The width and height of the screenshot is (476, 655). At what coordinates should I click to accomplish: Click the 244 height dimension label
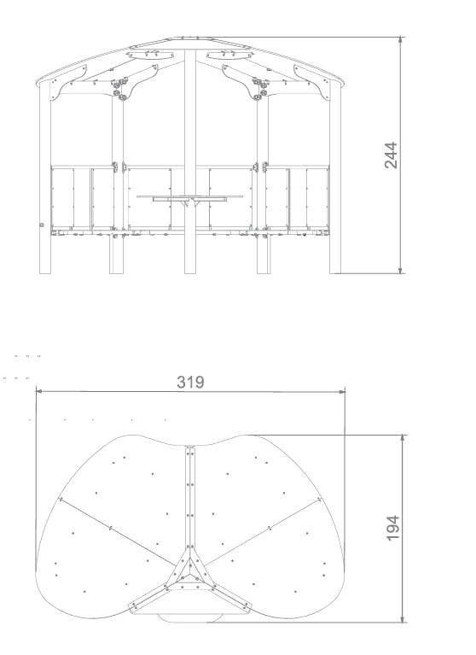pyautogui.click(x=391, y=155)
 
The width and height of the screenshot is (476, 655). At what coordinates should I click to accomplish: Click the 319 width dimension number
pyautogui.click(x=190, y=383)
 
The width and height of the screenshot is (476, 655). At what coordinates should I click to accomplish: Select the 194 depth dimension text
pyautogui.click(x=392, y=528)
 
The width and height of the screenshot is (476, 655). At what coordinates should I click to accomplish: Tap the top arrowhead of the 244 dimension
pyautogui.click(x=401, y=40)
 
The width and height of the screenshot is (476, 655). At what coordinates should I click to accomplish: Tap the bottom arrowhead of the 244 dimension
pyautogui.click(x=401, y=270)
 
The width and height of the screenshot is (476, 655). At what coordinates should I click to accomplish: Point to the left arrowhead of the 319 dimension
pyautogui.click(x=39, y=391)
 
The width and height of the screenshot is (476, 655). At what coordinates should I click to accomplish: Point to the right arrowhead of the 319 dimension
pyautogui.click(x=342, y=391)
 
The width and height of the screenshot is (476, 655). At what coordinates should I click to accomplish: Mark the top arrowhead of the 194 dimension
pyautogui.click(x=403, y=438)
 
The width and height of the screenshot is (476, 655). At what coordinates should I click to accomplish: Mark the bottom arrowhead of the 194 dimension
pyautogui.click(x=403, y=618)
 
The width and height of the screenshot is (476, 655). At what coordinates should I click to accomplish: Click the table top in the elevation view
pyautogui.click(x=190, y=196)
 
